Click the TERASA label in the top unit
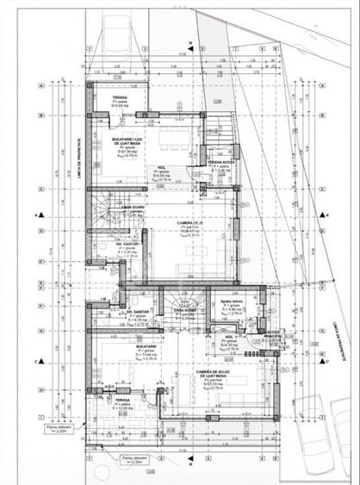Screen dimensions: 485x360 pos(121,98)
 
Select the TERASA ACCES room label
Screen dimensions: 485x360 pos(221,162)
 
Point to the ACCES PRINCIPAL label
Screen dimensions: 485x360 pos(273,333)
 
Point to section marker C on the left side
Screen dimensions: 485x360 pos(37,362)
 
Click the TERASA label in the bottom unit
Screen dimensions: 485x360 pos(121,401)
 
